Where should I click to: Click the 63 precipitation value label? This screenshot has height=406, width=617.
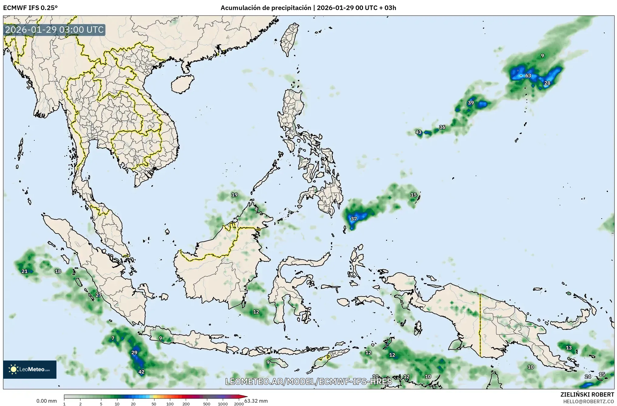[528, 75]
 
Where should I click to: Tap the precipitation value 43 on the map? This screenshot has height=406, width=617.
[419, 132]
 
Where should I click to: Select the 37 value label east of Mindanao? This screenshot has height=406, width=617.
[354, 219]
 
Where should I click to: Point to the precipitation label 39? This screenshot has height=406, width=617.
[471, 103]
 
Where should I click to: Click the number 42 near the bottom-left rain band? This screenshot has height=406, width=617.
[141, 372]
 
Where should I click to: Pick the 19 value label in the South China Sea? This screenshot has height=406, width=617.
[235, 195]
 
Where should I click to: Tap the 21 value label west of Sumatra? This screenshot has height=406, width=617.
[25, 271]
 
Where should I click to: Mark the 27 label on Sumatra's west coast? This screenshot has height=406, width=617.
[98, 295]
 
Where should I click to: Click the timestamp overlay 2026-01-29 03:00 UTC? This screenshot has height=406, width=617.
[55, 30]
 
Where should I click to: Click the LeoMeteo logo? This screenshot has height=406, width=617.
[30, 369]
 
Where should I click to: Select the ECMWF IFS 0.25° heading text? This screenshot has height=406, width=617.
[30, 8]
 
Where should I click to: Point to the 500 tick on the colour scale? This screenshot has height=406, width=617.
[207, 404]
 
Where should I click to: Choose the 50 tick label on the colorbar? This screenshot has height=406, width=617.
[154, 404]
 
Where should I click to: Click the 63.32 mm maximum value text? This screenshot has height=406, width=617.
[256, 401]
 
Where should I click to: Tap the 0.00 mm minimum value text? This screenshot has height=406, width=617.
[46, 401]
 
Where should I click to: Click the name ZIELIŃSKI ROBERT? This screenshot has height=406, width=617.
[587, 394]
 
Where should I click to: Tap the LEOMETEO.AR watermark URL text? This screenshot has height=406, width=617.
[308, 381]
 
